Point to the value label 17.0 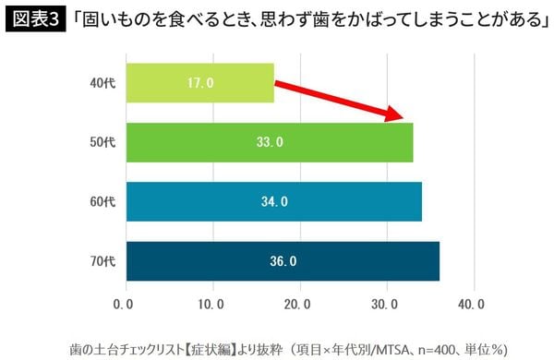[199, 83]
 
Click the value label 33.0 [269, 142]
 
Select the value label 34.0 [273, 201]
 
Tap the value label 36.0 [282, 261]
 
